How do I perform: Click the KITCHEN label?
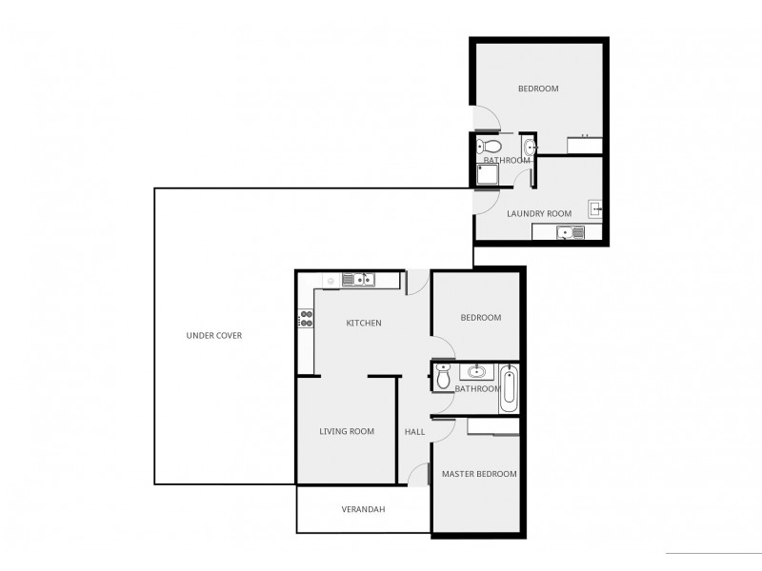pos(364,323)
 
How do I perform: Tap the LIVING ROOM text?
pos(346,431)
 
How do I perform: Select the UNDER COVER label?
pos(213,335)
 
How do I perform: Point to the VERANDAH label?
pos(363,509)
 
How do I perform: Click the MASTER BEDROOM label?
pos(479,474)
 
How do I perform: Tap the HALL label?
pos(414,431)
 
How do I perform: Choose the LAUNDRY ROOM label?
pos(539,213)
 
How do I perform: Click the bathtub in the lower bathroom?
pos(509,388)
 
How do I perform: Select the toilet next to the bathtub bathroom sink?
pos(444,376)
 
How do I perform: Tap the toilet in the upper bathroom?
pos(490,147)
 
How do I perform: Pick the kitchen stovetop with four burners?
pos(306,319)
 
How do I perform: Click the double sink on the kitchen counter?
pos(359,279)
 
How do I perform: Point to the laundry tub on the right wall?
pos(595,208)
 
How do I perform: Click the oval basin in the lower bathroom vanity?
pos(477,371)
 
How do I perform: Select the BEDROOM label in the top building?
pos(538,89)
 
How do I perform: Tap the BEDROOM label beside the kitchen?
pos(481,318)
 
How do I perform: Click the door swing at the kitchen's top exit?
pos(416,282)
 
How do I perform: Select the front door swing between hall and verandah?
pos(419,476)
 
